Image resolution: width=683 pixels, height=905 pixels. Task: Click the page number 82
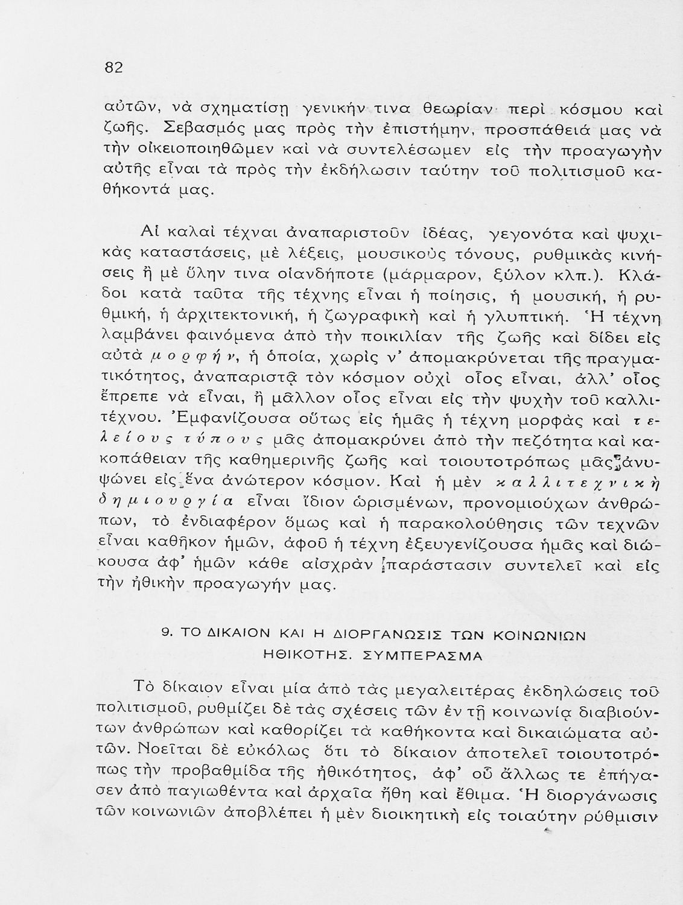coord(114,68)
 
